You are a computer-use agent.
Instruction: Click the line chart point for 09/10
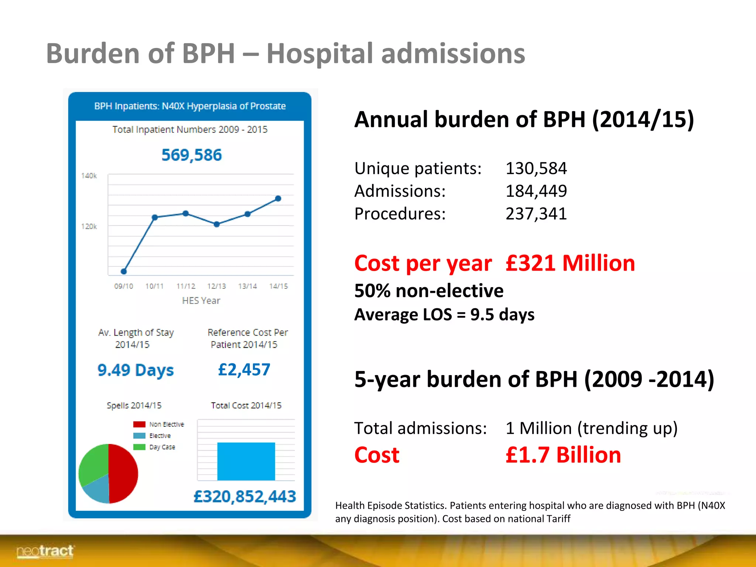coord(124,271)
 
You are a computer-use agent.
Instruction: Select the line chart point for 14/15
coord(278,199)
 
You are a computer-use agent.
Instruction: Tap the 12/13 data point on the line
coord(217,224)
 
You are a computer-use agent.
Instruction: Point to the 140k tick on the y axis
coord(89,176)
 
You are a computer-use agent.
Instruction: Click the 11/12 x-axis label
coord(186,286)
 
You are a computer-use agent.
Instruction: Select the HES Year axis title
coord(201,300)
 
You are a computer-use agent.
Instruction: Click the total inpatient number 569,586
coord(192,155)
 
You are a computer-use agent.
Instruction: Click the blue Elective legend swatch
coord(139,436)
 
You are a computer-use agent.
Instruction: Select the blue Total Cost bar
coord(246,461)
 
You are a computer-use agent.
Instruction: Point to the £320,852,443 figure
coord(245,496)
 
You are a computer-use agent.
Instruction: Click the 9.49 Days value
coord(135,370)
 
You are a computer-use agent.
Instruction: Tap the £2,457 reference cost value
coord(244,370)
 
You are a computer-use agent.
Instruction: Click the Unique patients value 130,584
coord(536,168)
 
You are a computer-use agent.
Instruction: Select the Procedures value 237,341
coord(536,214)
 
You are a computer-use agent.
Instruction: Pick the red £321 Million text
coord(570,263)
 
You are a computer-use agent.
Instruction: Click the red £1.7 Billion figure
coord(563,455)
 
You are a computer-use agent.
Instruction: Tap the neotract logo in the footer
coord(45,551)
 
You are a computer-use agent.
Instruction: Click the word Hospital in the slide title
coord(320,54)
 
